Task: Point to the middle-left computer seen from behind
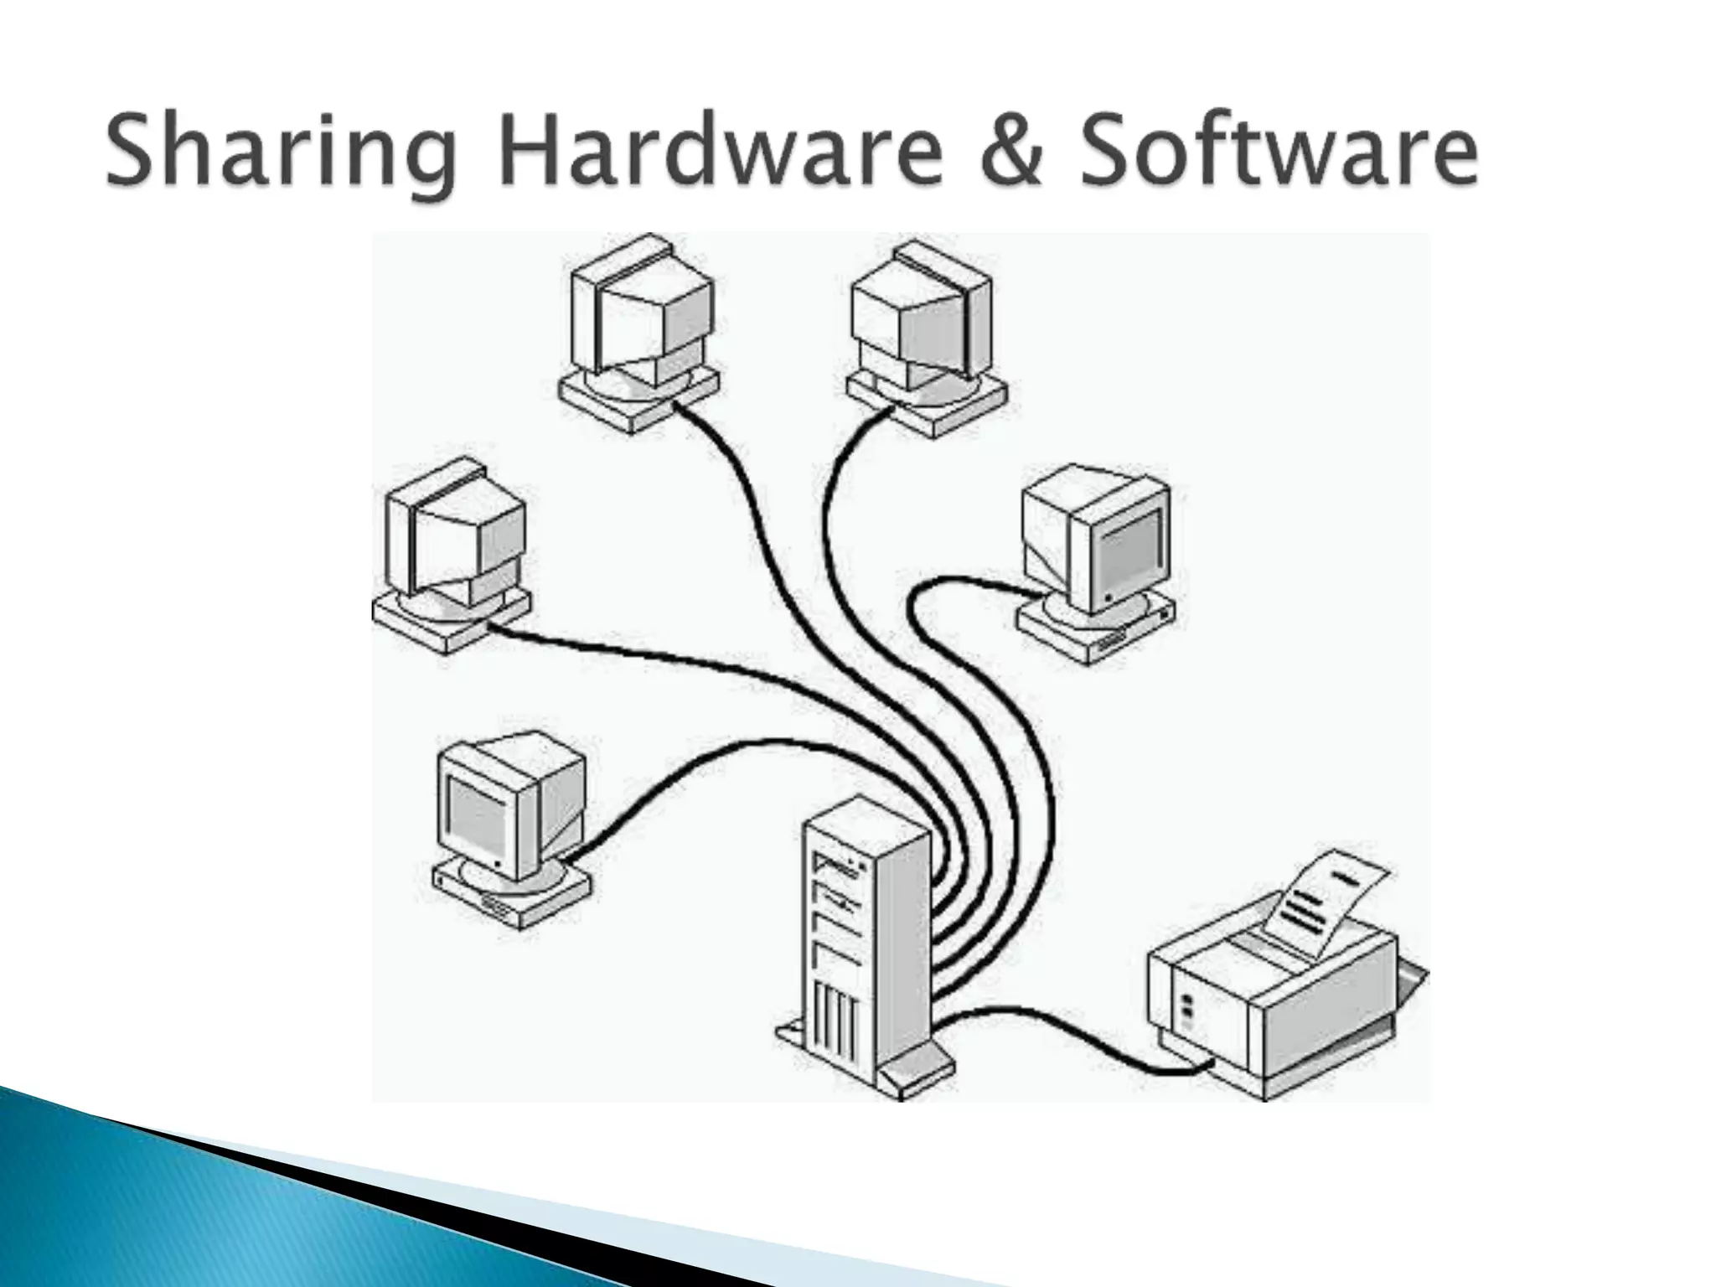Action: coord(457,545)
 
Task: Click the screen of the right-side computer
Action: coord(1127,549)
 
